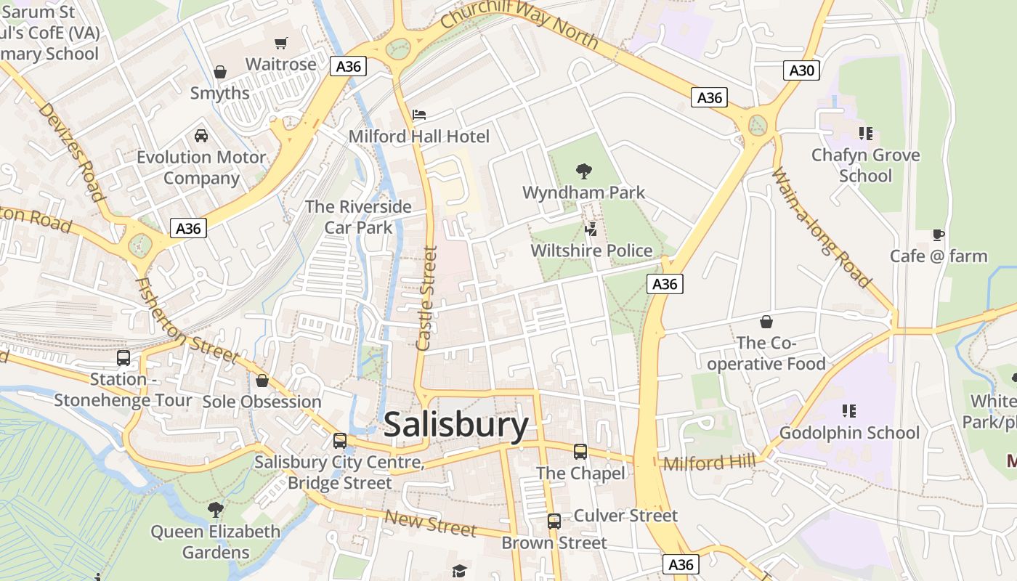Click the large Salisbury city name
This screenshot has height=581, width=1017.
[x=455, y=425]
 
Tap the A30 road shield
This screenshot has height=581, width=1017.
[x=802, y=70]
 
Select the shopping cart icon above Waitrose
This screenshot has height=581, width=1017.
[x=281, y=43]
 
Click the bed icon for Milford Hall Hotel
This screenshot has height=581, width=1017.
[x=419, y=115]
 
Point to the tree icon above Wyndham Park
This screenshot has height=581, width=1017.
[x=583, y=171]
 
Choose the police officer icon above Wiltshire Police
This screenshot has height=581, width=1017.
[x=591, y=229]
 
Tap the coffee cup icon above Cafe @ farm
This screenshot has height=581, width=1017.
[x=939, y=235]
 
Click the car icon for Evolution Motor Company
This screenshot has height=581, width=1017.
[x=201, y=135]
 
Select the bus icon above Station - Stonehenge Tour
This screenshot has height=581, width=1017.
[x=123, y=357]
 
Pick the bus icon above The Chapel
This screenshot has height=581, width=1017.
[x=580, y=452]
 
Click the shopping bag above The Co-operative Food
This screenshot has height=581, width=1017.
[x=766, y=321]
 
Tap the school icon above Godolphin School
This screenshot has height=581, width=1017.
[x=848, y=411]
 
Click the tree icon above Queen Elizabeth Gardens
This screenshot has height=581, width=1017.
[x=215, y=510]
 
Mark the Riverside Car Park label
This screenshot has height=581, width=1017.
[x=358, y=216]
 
